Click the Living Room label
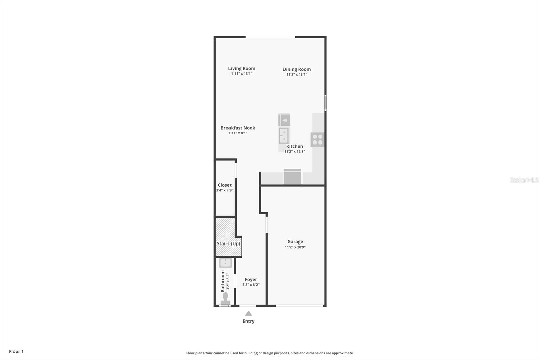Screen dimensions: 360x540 click(x=242, y=68)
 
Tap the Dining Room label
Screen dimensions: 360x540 click(x=297, y=69)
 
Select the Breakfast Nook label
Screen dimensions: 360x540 click(x=238, y=128)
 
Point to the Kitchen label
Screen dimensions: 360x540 click(x=294, y=146)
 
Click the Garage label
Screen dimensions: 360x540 click(x=295, y=241)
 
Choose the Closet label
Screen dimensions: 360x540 click(x=224, y=185)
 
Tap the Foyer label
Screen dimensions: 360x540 click(x=251, y=279)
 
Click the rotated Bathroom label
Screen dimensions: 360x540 click(x=223, y=281)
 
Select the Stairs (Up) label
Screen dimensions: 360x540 click(x=228, y=243)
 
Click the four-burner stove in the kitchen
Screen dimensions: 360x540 click(x=317, y=139)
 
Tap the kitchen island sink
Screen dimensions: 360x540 click(x=284, y=135)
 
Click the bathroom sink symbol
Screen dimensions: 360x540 click(x=225, y=263)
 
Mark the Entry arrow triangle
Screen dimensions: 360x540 click(x=248, y=313)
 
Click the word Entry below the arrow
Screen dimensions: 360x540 click(x=248, y=321)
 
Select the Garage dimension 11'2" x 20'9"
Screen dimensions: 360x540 click(x=295, y=247)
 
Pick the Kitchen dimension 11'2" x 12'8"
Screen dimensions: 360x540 click(x=294, y=152)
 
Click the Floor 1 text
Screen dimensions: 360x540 click(x=16, y=351)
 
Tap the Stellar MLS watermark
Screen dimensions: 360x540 click(x=524, y=180)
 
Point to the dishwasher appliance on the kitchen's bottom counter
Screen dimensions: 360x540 click(x=292, y=177)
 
